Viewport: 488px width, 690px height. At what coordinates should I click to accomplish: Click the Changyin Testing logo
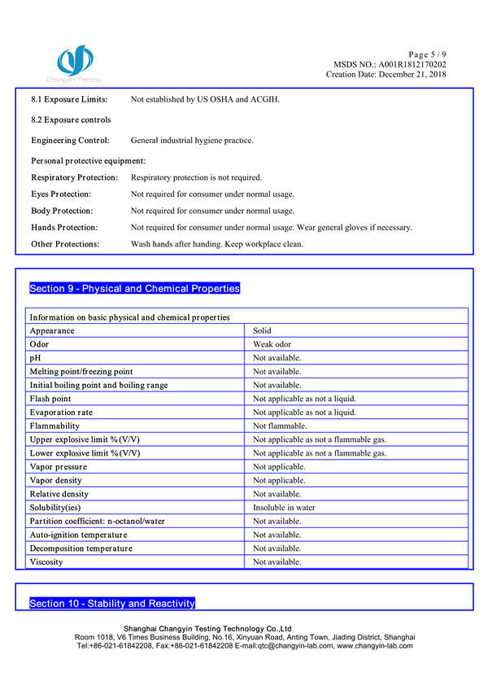click(74, 64)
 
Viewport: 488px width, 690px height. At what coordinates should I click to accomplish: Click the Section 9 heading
click(134, 289)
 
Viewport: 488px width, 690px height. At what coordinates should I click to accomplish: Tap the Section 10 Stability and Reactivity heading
click(112, 603)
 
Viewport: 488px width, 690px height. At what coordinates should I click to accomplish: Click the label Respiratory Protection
click(74, 177)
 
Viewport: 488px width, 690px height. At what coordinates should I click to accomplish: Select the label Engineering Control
click(70, 141)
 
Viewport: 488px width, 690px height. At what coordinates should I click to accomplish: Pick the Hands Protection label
click(64, 228)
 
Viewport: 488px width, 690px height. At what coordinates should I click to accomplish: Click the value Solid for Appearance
click(262, 331)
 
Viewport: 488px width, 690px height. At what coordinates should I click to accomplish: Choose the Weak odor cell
click(272, 344)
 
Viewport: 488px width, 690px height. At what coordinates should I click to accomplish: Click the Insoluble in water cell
click(284, 507)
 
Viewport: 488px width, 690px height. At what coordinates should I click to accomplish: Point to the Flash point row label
click(50, 399)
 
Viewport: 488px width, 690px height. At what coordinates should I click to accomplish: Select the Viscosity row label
click(47, 561)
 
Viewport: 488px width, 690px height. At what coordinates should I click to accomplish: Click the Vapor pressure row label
click(59, 466)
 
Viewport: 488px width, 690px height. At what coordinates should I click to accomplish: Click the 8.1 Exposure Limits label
click(69, 99)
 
